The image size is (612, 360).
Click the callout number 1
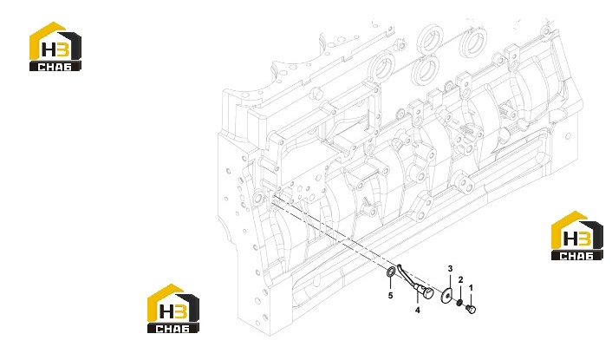click(471, 288)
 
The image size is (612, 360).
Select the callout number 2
click(460, 279)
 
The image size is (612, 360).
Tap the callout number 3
click(450, 269)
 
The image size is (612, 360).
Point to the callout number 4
click(418, 310)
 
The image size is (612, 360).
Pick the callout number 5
click(390, 296)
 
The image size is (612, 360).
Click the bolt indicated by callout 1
click(471, 309)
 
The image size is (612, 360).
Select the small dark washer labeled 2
click(460, 302)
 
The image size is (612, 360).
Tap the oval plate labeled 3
click(447, 295)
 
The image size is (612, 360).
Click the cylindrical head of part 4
click(426, 292)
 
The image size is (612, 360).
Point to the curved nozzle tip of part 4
click(400, 267)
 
